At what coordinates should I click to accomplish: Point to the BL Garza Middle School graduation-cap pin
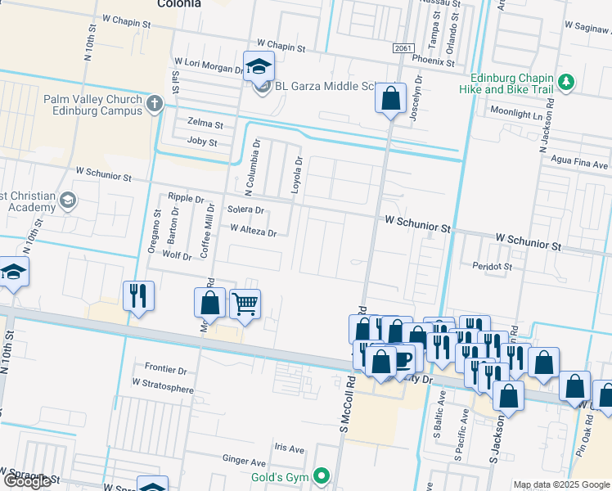tap(259, 67)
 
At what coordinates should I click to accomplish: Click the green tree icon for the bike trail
tap(566, 82)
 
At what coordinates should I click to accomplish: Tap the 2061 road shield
tap(402, 49)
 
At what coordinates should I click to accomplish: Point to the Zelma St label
tap(205, 125)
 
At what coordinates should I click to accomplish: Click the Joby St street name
tap(201, 142)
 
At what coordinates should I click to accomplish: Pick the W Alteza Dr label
tap(254, 232)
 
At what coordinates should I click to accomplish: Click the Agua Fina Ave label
tap(580, 160)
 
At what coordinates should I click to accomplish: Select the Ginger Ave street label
tap(244, 461)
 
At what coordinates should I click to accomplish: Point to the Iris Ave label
tap(289, 449)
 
